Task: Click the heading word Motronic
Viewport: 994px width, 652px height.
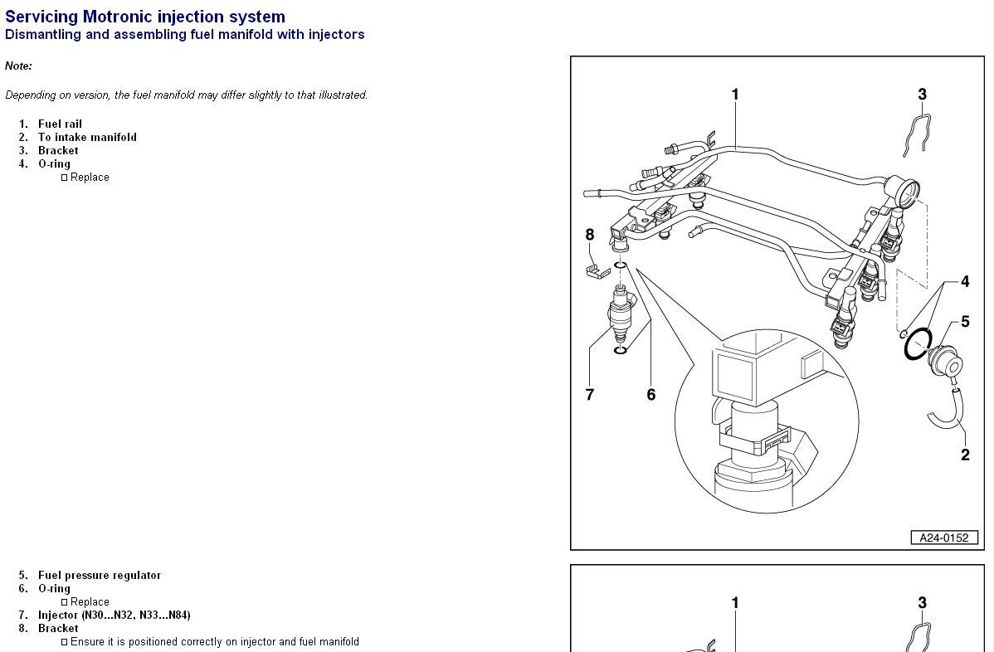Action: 117,17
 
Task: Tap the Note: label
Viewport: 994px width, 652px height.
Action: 18,66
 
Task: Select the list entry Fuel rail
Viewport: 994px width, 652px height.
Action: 60,124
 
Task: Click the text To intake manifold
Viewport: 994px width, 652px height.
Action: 87,137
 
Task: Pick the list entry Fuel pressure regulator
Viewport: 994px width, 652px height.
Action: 100,575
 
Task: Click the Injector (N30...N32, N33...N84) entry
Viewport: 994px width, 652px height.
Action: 114,615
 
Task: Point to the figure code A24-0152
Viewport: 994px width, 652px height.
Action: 944,538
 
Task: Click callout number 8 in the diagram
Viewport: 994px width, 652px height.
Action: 590,235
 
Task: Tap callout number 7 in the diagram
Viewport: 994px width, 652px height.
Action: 590,395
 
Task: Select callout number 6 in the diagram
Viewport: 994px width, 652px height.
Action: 650,395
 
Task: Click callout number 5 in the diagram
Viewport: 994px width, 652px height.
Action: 965,322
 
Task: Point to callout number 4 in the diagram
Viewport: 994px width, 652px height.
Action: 965,282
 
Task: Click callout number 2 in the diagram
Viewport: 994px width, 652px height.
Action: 965,455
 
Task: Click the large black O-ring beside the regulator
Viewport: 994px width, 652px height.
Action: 918,344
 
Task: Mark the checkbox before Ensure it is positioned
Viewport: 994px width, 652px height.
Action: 64,642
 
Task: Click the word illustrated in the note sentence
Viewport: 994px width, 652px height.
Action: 341,95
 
